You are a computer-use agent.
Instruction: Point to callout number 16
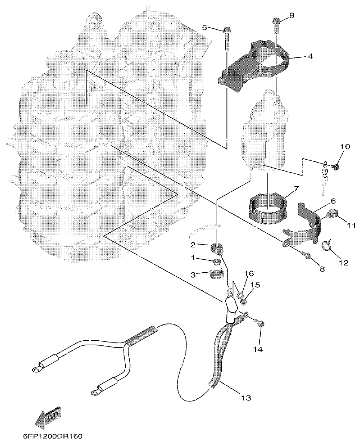pos(247,274)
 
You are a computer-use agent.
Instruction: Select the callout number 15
pos(254,285)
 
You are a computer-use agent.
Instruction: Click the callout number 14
pos(258,350)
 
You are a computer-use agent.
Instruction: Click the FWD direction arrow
pos(47,417)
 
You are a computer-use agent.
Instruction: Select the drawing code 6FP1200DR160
pos(53,436)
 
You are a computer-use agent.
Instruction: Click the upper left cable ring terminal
pos(35,368)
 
